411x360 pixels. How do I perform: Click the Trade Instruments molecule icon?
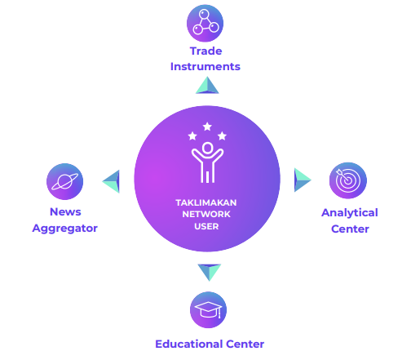[x=205, y=23]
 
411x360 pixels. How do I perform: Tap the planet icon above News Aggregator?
[x=65, y=181]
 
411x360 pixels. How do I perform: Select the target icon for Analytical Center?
[x=348, y=180]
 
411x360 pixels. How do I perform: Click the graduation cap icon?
[x=208, y=310]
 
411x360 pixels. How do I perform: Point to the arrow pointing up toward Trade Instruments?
[x=207, y=86]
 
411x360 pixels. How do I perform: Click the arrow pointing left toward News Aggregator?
[x=111, y=181]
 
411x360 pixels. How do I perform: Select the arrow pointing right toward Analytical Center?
[x=303, y=180]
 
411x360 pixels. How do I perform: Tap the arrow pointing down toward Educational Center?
[x=210, y=272]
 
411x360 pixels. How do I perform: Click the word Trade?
[x=205, y=51]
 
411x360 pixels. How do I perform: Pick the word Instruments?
[x=205, y=67]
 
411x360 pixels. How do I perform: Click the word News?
[x=65, y=211]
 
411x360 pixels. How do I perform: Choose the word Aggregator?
[x=64, y=229]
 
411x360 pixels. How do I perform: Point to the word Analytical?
[x=350, y=213]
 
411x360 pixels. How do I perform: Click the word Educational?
[x=189, y=344]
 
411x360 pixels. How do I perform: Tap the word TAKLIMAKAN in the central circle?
[x=206, y=202]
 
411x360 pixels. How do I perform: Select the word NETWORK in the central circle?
[x=206, y=215]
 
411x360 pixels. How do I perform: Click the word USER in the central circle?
[x=206, y=226]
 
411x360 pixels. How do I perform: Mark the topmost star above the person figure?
[x=207, y=127]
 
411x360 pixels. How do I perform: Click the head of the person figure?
[x=207, y=148]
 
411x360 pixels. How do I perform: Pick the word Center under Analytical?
[x=350, y=229]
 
